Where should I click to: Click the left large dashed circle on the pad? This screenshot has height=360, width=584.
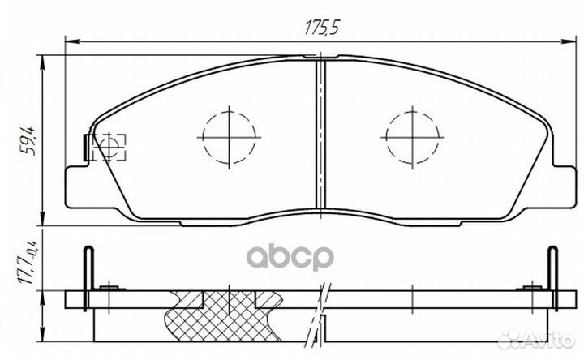(230, 135)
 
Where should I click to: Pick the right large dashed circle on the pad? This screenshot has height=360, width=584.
(414, 135)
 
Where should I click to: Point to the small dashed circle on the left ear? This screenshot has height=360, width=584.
(107, 147)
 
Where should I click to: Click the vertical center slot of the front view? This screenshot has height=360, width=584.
(321, 138)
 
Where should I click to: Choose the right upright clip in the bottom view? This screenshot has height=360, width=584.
(552, 272)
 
